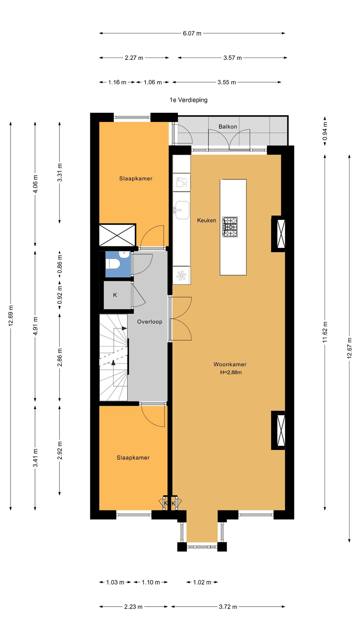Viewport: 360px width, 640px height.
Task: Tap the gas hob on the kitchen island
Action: [230, 227]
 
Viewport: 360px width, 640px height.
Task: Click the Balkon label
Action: [227, 127]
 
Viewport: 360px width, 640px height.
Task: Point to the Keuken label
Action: [207, 220]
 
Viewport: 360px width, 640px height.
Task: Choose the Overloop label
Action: [150, 322]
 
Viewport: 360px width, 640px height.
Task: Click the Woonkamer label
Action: [230, 364]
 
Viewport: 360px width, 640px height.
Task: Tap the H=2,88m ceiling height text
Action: [231, 372]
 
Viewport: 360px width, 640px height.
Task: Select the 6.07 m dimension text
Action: [192, 33]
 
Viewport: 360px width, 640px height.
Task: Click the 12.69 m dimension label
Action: [11, 315]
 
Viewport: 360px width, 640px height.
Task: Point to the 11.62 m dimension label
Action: [325, 332]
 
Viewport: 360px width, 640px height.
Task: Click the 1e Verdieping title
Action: [188, 100]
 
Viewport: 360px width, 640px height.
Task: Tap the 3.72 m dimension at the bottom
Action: [228, 607]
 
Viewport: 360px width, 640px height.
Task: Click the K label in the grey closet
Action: [115, 295]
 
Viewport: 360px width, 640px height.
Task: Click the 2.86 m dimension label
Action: [60, 357]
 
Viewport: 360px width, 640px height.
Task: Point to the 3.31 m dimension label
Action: [60, 172]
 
